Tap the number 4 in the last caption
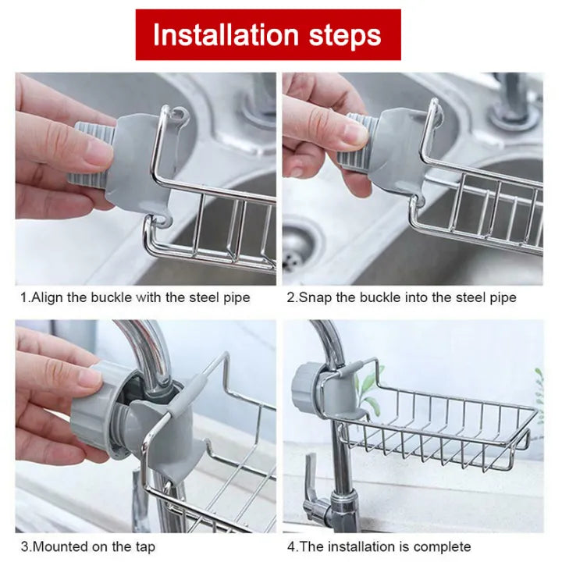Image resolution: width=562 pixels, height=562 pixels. [291, 546]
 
